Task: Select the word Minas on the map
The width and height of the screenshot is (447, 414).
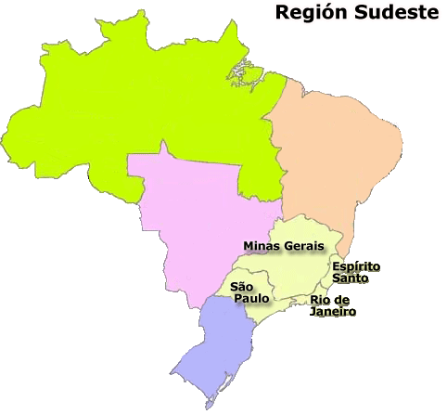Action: tap(262, 246)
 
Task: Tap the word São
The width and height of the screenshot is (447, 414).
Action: tap(241, 288)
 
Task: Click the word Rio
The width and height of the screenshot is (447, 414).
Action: tap(322, 299)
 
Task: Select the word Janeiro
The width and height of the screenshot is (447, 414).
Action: tap(333, 312)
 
